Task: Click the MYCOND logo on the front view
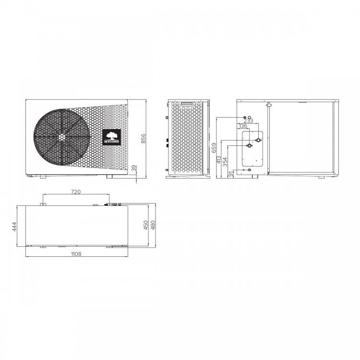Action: tap(112, 137)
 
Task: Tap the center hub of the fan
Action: tap(61, 136)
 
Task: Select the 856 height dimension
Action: tap(143, 138)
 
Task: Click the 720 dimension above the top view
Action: tap(76, 192)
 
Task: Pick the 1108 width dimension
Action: tap(76, 253)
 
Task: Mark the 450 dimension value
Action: tap(146, 225)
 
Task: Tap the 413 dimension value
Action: tap(218, 160)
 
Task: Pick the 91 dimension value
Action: tap(231, 174)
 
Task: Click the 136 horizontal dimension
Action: tap(243, 126)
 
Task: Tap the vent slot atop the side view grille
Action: tap(187, 103)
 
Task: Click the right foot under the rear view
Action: tap(321, 177)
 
